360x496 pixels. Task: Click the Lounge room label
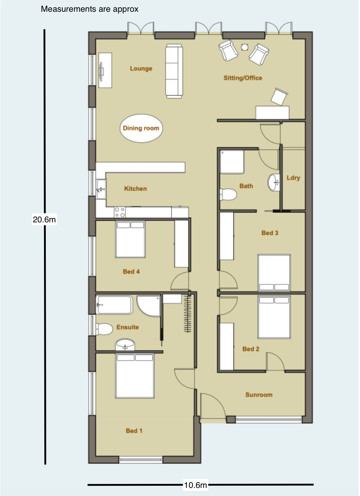[x=141, y=69]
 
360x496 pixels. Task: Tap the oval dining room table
[x=141, y=128]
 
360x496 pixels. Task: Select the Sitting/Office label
[x=243, y=78]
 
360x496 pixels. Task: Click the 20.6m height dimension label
[x=44, y=219]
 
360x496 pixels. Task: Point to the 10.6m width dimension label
[x=195, y=485]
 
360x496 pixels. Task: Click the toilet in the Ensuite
[x=104, y=329]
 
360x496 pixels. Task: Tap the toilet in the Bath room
[x=228, y=195]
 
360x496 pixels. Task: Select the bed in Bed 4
[x=130, y=239]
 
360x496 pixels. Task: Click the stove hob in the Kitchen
[x=120, y=212]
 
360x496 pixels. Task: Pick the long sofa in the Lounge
[x=174, y=71]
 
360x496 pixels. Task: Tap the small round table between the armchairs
[x=245, y=47]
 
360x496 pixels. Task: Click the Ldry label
[x=293, y=178]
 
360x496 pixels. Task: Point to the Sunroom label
[x=259, y=395]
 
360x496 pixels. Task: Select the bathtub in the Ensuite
[x=114, y=305]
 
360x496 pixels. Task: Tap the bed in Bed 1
[x=135, y=376]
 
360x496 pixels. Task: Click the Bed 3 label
[x=269, y=233]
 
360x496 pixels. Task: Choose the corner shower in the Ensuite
[x=148, y=306]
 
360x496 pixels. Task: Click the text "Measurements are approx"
[x=90, y=9]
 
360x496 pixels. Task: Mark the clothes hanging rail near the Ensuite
[x=188, y=313]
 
